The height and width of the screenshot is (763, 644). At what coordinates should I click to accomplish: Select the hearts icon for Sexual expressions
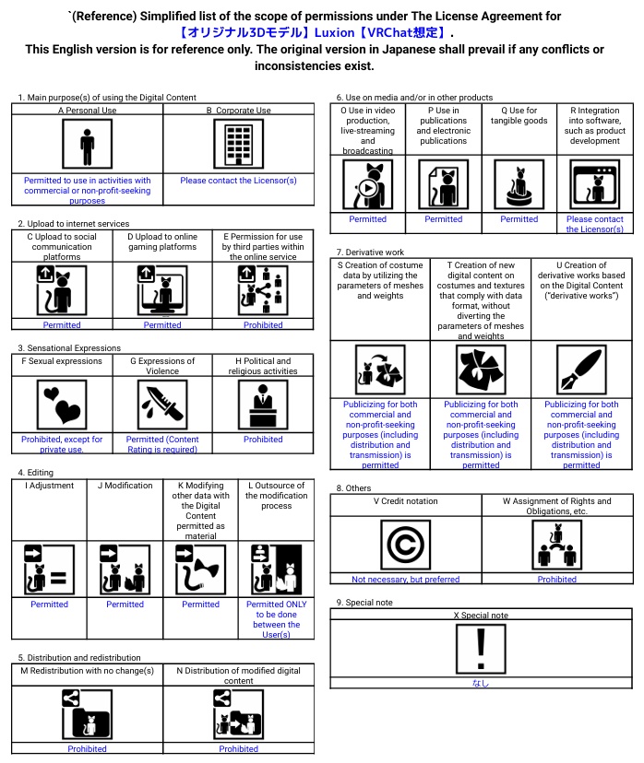[62, 405]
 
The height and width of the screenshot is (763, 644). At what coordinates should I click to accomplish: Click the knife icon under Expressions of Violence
[162, 405]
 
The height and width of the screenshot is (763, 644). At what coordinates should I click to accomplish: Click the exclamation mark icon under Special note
[481, 649]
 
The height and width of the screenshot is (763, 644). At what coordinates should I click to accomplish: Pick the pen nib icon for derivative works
[581, 369]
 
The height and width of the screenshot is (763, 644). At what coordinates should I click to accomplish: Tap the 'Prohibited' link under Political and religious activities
[263, 440]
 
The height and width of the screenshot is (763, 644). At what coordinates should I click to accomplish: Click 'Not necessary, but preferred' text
[405, 580]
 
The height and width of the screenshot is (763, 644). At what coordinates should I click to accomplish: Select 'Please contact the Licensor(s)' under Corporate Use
[238, 181]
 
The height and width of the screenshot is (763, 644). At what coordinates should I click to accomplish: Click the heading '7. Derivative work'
[370, 252]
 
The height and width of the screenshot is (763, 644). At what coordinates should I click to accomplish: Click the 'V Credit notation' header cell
[405, 501]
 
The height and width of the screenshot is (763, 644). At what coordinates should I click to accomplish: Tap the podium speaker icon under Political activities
[263, 405]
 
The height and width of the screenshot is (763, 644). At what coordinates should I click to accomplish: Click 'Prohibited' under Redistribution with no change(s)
[87, 749]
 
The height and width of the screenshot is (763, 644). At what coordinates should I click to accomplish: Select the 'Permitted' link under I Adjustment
[49, 605]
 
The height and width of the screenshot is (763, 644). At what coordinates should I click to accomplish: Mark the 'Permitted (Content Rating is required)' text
[162, 444]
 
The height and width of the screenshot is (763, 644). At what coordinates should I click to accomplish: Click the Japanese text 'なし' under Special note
[481, 683]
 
